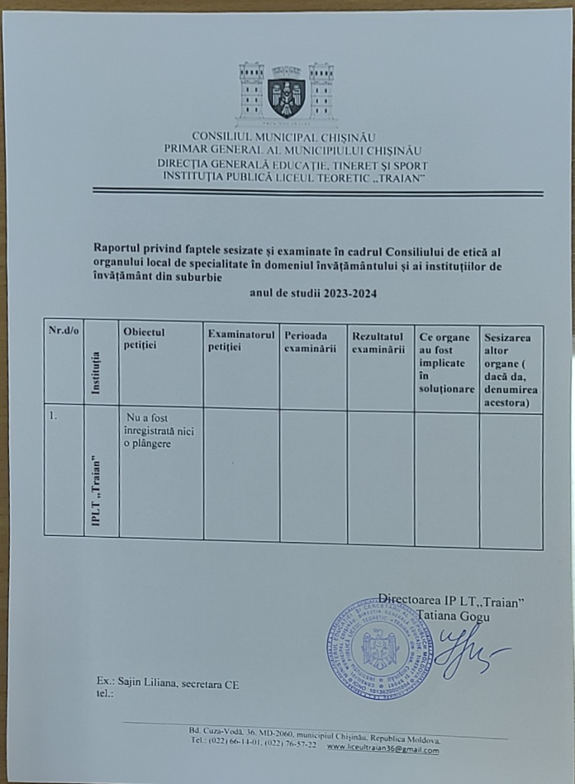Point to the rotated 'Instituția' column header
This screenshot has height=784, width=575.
[x=96, y=372]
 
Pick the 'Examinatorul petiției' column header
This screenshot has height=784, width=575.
[x=240, y=341]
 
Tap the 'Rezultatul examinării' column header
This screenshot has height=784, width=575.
[x=378, y=342]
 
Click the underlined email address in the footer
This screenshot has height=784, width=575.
[x=383, y=750]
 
